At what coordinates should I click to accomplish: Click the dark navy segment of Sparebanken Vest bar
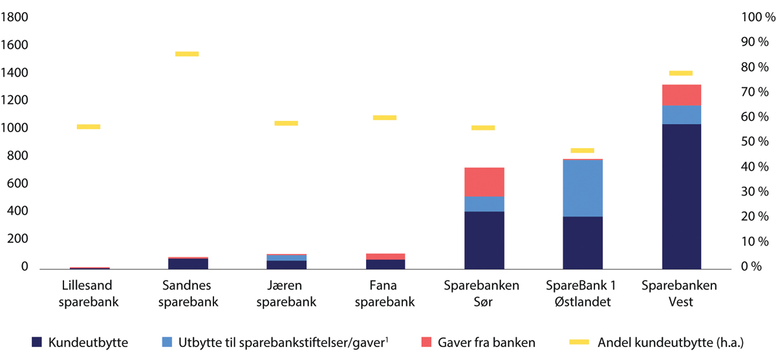[682, 196]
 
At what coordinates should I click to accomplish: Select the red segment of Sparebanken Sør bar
[484, 182]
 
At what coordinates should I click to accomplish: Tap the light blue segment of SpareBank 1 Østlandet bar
[583, 188]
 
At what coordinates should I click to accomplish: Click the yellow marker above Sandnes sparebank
[187, 54]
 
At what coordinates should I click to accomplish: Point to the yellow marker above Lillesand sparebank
[89, 127]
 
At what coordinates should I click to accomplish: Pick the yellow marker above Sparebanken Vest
[681, 73]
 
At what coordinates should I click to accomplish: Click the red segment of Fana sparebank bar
[385, 257]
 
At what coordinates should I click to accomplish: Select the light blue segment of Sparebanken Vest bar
[682, 114]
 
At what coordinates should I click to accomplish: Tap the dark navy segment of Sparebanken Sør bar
[484, 240]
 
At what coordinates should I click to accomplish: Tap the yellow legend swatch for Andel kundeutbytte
[581, 343]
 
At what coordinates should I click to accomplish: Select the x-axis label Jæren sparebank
[286, 293]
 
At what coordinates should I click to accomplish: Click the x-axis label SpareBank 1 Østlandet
[582, 293]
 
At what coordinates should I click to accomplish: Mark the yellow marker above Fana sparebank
[385, 118]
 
